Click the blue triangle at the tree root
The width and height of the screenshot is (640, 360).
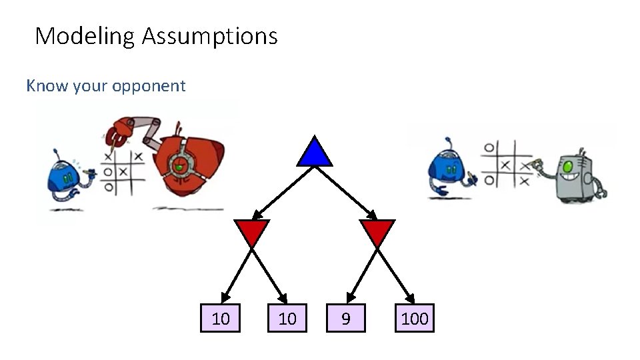point(315,153)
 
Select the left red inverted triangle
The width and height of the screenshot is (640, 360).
point(251,231)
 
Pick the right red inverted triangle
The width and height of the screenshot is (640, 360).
point(377,231)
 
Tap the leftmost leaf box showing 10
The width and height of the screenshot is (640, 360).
point(221,319)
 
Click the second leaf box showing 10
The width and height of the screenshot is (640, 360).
point(287,319)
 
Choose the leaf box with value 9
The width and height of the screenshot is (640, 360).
point(345,319)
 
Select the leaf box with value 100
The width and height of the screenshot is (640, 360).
point(415,319)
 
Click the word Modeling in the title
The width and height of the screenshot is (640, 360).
point(86,35)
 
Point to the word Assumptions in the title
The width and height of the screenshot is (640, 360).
point(209,35)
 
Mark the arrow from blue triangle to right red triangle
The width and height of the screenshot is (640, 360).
point(347,193)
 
